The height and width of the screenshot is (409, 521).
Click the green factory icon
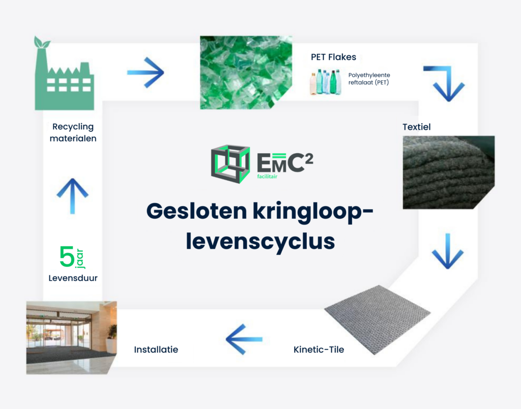point(65,80)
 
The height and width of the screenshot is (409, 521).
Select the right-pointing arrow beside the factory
point(146,72)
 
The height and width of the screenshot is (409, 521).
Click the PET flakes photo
point(246,72)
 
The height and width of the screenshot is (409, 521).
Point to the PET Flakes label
point(333,57)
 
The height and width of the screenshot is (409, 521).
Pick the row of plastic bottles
point(326,82)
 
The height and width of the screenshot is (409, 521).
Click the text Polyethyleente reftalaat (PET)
point(369,79)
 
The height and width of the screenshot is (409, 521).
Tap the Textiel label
point(416,127)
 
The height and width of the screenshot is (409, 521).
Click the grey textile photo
point(449,172)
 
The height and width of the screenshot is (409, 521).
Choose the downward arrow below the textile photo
point(448,251)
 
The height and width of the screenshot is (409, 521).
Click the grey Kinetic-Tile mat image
point(378,319)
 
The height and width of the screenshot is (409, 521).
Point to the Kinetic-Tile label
point(319,349)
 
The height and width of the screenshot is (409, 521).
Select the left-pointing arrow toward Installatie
point(244,339)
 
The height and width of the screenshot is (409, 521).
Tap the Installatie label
point(156,349)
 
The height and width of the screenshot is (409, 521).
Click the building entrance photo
point(71,338)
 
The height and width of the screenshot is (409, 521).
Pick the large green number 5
point(67,256)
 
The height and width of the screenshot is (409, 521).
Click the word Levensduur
point(73,278)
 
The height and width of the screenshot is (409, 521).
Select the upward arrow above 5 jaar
point(72,196)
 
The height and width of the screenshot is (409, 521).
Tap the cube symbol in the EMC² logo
point(230,164)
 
